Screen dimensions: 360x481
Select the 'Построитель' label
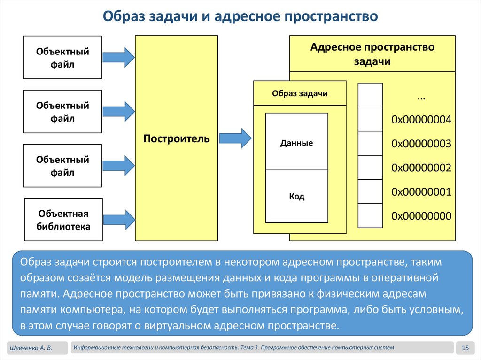177,139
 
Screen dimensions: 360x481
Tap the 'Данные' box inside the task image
296,143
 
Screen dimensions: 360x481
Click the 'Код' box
296,196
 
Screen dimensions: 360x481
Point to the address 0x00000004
421,120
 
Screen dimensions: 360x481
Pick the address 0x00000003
421,144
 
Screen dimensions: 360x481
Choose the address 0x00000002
421,168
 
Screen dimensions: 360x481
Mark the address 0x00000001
421,192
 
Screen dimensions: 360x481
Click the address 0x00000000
421,216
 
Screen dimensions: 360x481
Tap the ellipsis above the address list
421,96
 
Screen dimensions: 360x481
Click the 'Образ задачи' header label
300,93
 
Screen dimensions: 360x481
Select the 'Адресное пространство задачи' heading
372,54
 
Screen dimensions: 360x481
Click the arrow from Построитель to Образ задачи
236,138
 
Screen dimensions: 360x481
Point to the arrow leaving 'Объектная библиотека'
119,219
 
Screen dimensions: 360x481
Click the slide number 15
465,348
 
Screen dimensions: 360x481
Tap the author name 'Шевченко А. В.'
31,348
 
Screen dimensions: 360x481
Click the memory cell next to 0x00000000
370,216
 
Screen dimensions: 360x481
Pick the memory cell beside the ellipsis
370,95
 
